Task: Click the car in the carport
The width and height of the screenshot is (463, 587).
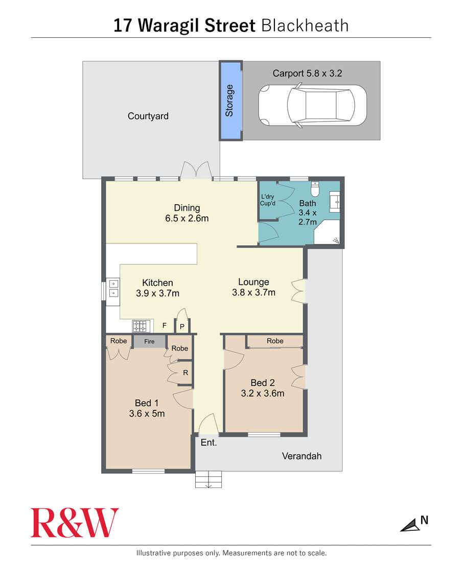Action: [312, 106]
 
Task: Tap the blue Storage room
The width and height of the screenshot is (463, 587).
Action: [230, 101]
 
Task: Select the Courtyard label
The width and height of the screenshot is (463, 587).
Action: [148, 116]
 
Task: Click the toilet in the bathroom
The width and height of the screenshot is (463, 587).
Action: [315, 190]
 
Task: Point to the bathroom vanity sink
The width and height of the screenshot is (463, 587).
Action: [336, 202]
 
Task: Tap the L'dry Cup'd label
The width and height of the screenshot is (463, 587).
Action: [268, 200]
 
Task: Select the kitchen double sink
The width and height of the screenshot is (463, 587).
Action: [112, 289]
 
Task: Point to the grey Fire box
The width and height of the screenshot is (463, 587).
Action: [149, 341]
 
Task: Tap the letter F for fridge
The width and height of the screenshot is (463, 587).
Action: [165, 325]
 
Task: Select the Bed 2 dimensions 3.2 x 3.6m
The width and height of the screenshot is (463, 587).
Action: [263, 394]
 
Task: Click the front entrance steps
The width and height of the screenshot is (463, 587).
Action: [209, 479]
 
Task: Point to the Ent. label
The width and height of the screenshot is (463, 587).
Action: [209, 443]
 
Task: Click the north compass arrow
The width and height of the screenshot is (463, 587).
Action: [410, 525]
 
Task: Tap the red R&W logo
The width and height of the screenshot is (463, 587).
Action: [75, 523]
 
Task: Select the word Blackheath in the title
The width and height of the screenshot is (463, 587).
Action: [305, 26]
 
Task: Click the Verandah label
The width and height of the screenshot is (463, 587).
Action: [302, 456]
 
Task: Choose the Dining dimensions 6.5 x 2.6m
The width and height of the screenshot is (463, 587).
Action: [187, 218]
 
